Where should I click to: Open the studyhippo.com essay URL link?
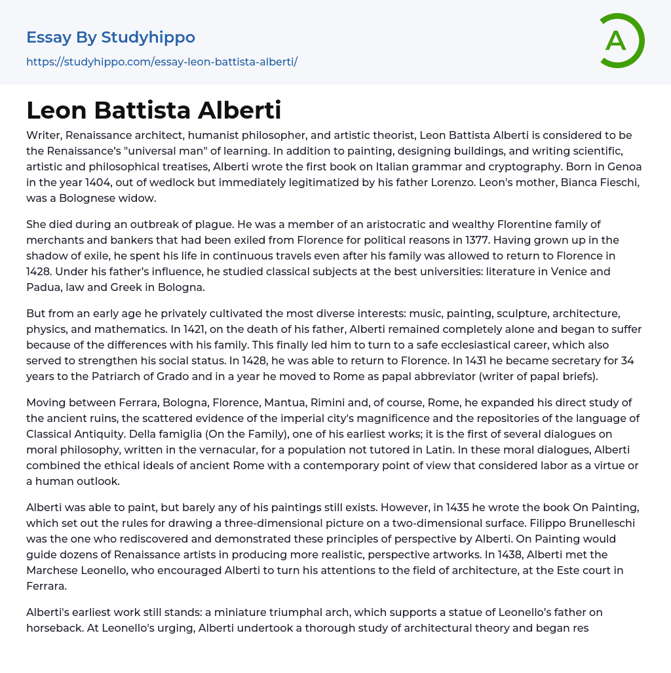point(162,62)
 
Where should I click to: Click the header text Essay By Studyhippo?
point(111,37)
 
